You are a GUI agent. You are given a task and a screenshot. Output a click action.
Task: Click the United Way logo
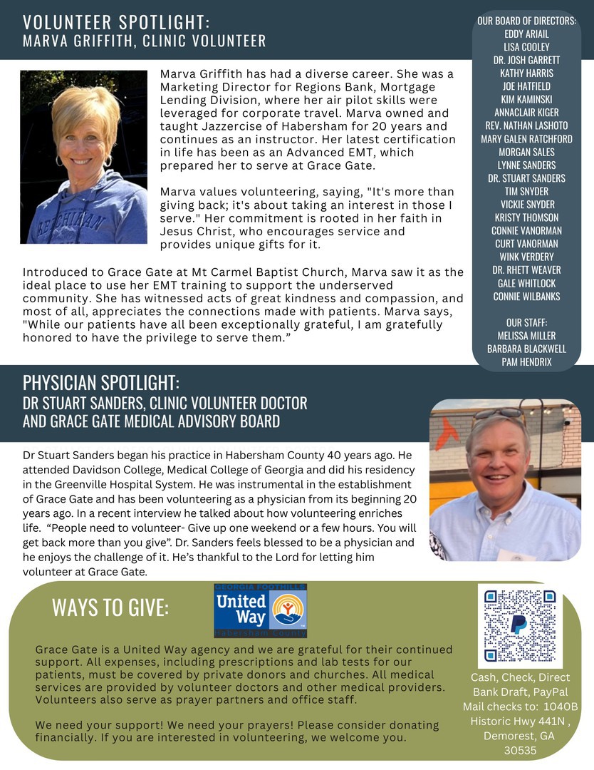click(x=261, y=610)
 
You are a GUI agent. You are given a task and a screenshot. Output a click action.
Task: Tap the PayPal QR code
click(x=520, y=625)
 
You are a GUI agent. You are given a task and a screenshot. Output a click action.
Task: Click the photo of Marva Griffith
click(x=83, y=157)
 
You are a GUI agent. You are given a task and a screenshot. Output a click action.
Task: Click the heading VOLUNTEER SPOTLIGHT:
click(x=117, y=22)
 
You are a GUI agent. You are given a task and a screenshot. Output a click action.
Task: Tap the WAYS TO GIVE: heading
click(x=110, y=607)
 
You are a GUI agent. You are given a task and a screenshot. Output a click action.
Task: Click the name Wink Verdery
click(x=526, y=257)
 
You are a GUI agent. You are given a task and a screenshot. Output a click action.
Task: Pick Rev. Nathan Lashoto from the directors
click(x=526, y=125)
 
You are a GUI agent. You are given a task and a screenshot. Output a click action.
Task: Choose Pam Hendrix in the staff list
click(x=526, y=362)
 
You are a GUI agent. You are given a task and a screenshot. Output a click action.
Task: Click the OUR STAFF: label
click(x=526, y=322)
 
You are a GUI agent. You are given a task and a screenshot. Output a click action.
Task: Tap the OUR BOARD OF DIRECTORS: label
click(x=526, y=21)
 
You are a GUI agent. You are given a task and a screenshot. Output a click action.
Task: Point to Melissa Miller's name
click(x=526, y=336)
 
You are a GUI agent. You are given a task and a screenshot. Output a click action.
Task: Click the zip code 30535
click(x=520, y=751)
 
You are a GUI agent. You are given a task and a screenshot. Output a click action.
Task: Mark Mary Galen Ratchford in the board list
click(x=526, y=138)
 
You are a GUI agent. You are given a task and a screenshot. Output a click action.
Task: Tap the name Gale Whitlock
click(x=526, y=283)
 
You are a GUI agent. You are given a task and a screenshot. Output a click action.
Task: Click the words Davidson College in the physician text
click(x=93, y=471)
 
